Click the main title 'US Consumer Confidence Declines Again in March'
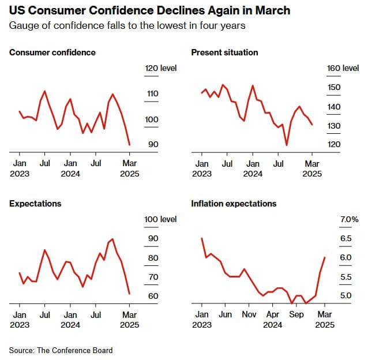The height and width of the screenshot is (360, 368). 150,11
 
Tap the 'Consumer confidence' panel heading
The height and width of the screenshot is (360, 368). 52,52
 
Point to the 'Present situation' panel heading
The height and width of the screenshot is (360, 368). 224,52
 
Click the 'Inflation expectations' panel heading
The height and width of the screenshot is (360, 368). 234,204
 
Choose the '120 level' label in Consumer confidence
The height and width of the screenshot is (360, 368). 160,68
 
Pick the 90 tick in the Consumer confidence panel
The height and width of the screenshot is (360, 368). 153,144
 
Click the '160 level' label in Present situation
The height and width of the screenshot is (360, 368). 343,68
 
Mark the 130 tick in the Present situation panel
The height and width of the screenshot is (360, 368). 335,126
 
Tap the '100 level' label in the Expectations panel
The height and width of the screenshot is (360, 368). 160,219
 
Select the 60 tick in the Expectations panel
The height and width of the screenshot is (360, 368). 153,296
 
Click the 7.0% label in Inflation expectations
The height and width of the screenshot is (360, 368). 350,219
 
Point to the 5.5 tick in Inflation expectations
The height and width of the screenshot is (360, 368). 346,277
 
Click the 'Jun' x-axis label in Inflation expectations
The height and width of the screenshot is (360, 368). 226,314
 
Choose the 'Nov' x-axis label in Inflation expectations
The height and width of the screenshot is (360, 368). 249,314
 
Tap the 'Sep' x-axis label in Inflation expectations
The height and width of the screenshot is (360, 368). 296,314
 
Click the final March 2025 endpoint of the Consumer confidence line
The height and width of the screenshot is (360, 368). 129,145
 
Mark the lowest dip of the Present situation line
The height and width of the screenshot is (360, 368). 286,145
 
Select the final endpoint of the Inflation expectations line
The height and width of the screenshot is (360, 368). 325,258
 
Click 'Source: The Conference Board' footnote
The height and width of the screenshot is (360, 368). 61,350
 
